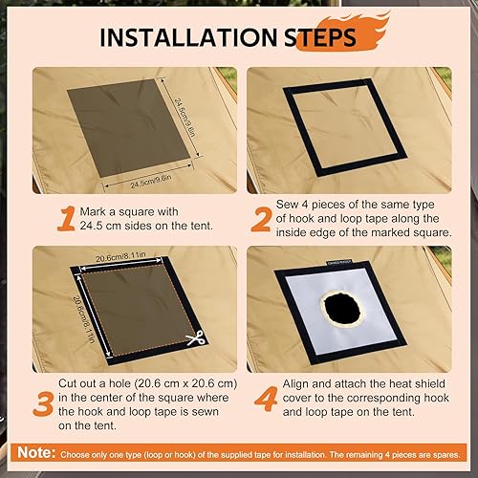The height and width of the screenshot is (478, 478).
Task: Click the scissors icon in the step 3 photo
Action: pyautogui.click(x=195, y=338)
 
